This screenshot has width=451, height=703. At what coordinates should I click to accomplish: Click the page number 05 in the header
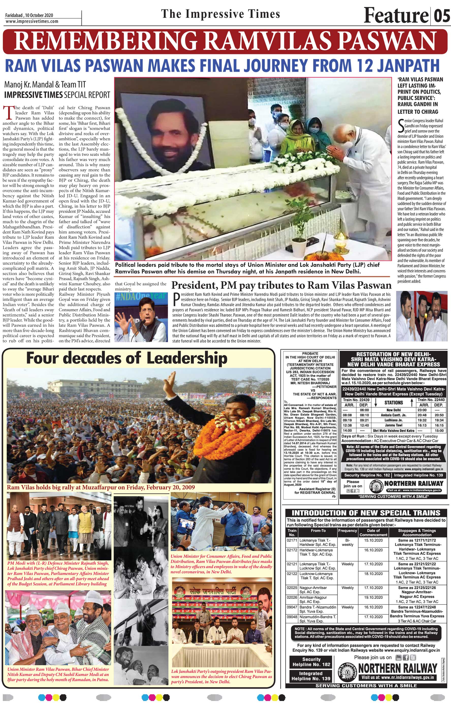(x=442, y=15)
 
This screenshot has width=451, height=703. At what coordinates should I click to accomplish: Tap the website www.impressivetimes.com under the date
(x=32, y=21)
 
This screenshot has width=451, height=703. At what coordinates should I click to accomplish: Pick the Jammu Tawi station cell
(x=394, y=425)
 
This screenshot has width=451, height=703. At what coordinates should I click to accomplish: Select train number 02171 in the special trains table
(x=292, y=540)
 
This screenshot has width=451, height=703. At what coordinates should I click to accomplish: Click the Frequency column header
(x=348, y=530)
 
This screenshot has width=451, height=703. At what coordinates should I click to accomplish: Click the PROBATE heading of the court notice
(x=310, y=353)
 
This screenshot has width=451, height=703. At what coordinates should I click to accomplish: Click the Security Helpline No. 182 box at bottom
(x=311, y=662)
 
